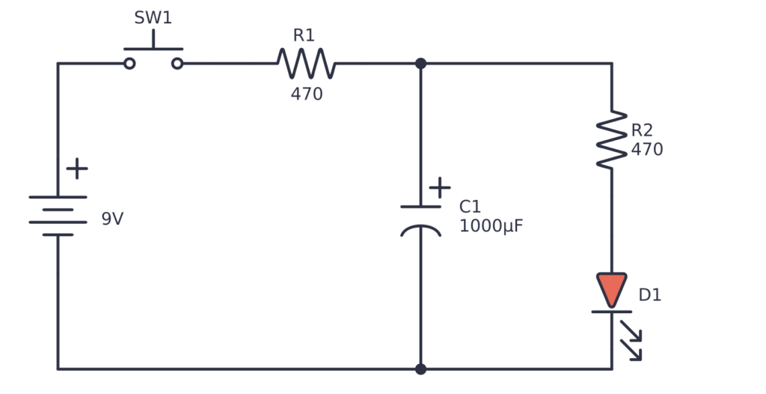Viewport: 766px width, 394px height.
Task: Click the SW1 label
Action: [x=153, y=18]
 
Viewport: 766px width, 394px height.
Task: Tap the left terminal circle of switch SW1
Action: [x=129, y=64]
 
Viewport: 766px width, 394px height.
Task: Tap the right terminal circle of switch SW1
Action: [x=177, y=64]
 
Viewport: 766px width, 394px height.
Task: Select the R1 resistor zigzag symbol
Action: [x=306, y=64]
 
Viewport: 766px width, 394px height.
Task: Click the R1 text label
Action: [x=304, y=35]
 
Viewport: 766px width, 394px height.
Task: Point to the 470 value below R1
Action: [x=307, y=94]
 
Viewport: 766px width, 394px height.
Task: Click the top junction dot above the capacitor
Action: [x=420, y=64]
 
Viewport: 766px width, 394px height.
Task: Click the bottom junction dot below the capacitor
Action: [x=420, y=369]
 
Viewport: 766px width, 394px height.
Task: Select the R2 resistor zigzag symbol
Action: [x=611, y=139]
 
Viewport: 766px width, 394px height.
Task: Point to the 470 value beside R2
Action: [x=646, y=150]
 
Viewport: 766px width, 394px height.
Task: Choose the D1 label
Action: [x=649, y=295]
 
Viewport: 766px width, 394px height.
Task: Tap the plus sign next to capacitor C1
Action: [x=440, y=187]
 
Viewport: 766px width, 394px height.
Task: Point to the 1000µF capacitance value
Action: [x=491, y=226]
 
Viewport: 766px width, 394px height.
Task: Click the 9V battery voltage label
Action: [x=112, y=219]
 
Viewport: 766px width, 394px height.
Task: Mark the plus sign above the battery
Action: [x=76, y=169]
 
